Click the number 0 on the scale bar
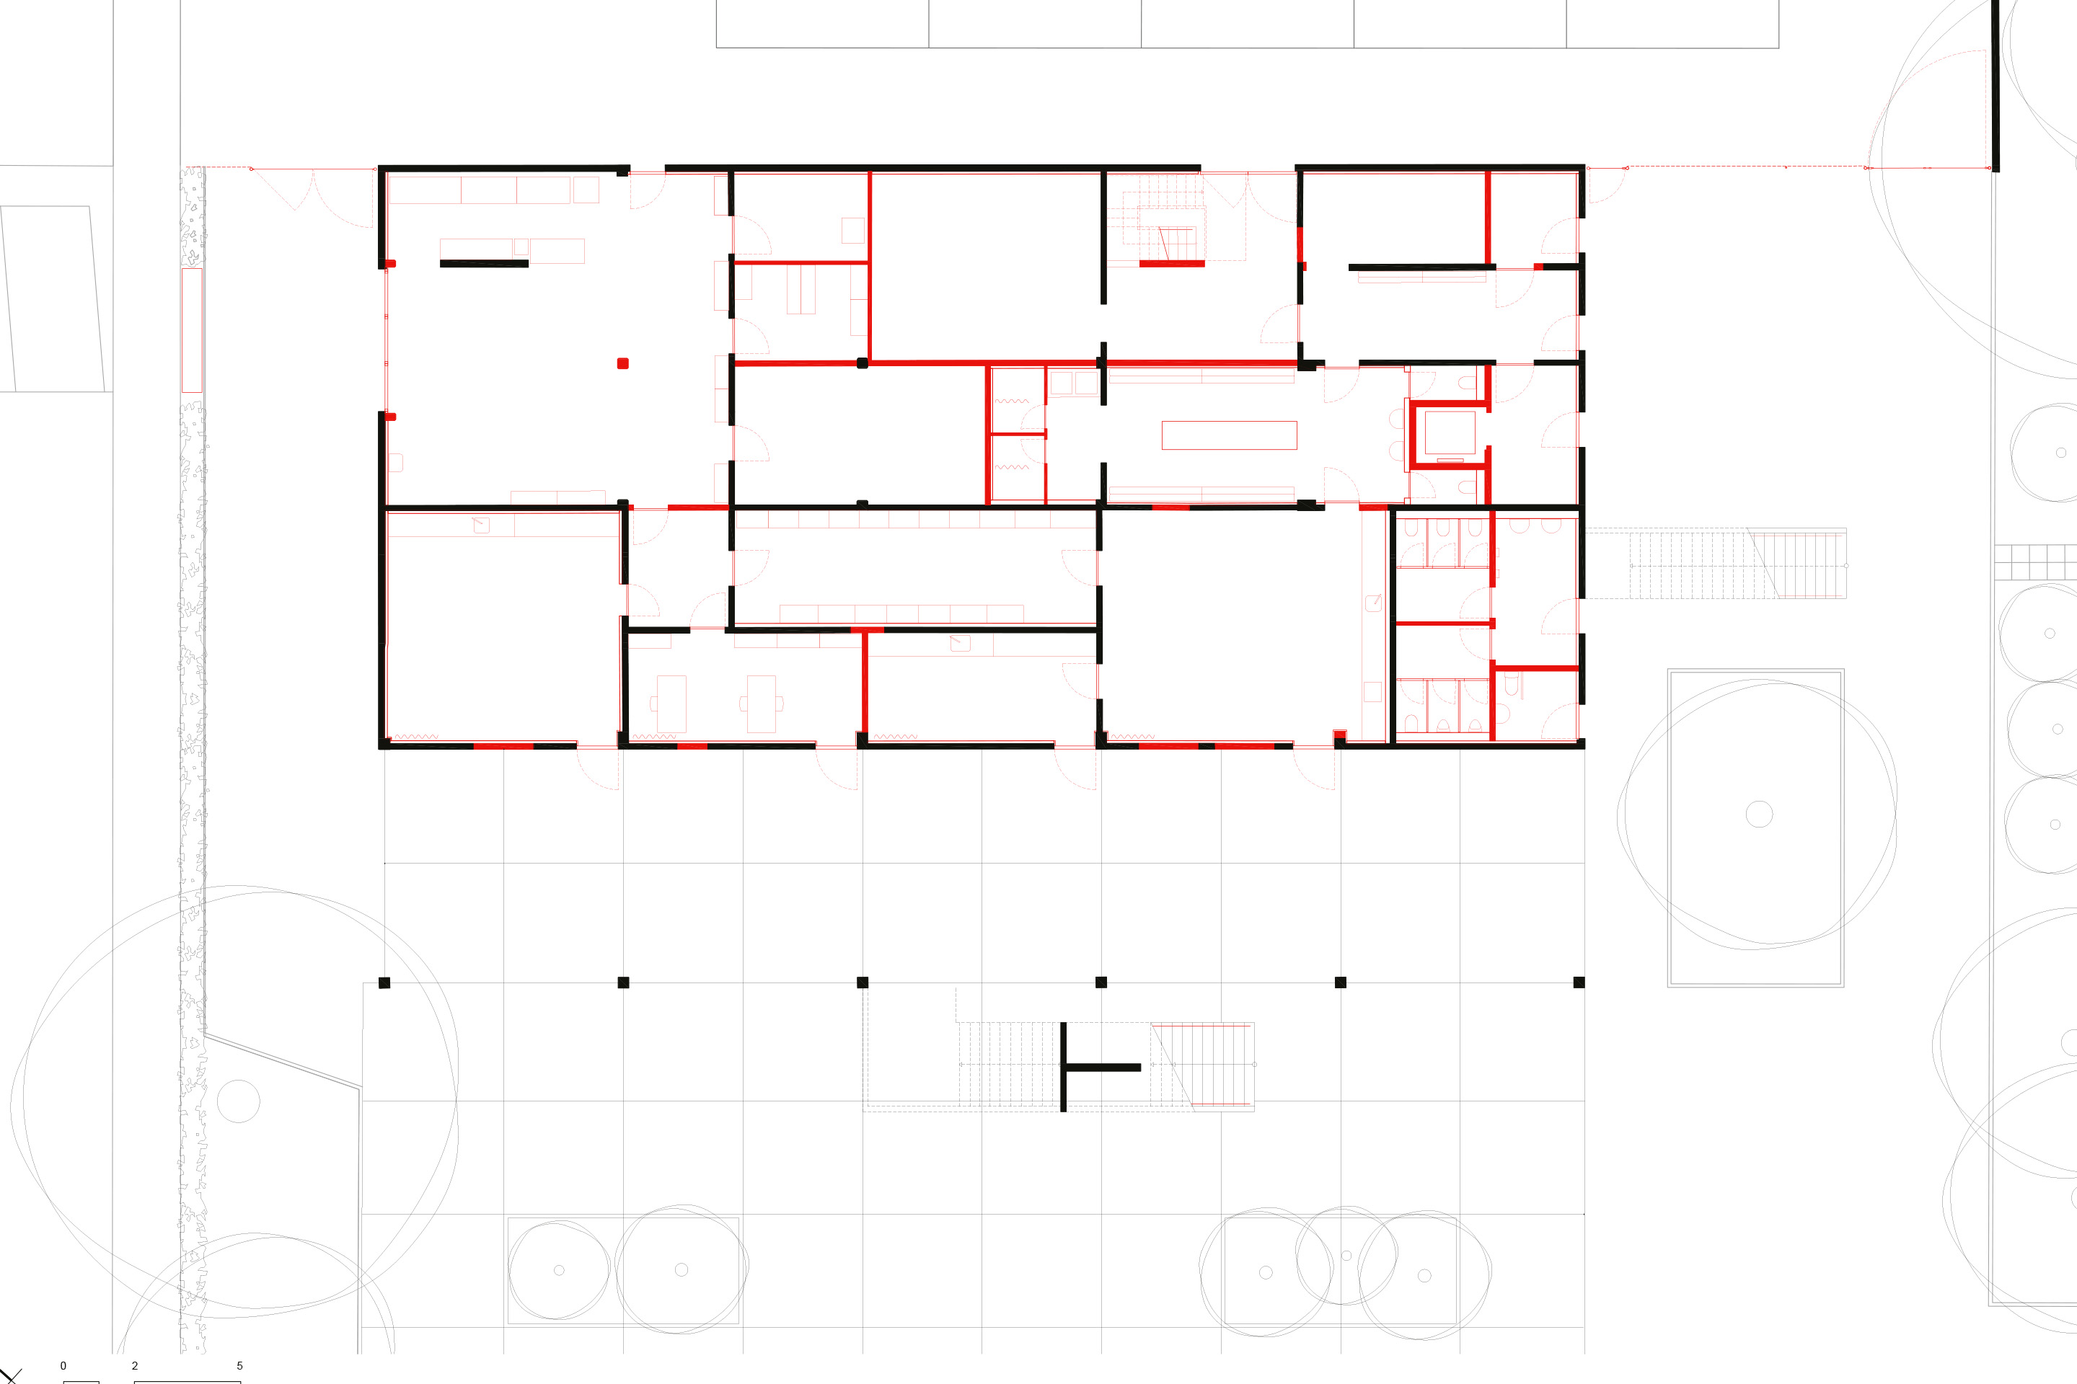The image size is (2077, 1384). coord(63,1365)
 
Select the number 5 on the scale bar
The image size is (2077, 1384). coord(239,1365)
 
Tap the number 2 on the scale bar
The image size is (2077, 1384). coord(134,1365)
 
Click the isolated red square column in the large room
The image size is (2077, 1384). coord(622,363)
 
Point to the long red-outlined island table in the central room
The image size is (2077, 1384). coord(1228,435)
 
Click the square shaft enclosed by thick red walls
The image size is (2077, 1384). coord(1449,433)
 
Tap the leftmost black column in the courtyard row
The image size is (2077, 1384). coord(384,982)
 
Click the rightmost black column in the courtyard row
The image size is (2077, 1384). coord(1579,982)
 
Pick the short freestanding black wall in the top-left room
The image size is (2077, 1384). coord(484,263)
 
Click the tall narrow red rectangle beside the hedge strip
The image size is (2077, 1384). coord(192,330)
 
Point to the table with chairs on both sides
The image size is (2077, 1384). coord(762,704)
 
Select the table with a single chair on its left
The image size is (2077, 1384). coord(670,704)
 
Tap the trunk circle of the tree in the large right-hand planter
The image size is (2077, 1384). coord(1759,814)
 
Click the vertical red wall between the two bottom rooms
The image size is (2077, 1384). coord(865,684)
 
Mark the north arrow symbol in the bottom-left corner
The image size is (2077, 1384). coord(11,1375)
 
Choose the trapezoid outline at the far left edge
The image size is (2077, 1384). coord(53,298)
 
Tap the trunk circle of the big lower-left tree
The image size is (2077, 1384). coord(239,1101)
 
